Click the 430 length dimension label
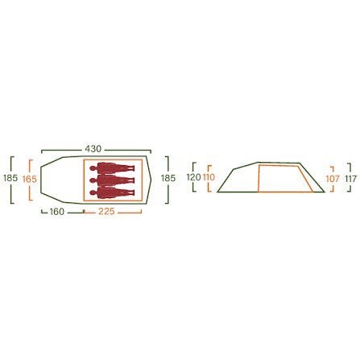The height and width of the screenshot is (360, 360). point(93,149)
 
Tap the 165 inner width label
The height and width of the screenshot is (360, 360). point(30,179)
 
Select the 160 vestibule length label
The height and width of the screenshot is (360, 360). point(57,212)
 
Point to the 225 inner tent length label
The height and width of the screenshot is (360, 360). point(106,212)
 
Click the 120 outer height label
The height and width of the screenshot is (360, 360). point(193,177)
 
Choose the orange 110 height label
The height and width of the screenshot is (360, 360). point(208,177)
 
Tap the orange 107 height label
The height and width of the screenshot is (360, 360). point(333,179)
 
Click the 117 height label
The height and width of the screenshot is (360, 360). point(351,179)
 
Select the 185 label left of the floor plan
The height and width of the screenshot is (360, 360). point(10,178)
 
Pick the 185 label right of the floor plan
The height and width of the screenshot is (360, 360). point(168,178)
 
